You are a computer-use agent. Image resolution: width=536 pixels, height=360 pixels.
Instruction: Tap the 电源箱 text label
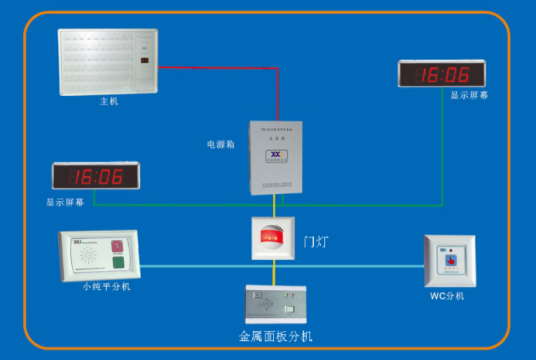[221, 144]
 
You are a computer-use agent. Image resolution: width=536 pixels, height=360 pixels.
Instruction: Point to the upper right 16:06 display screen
[443, 74]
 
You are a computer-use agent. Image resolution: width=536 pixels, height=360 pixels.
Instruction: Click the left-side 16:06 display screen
[96, 177]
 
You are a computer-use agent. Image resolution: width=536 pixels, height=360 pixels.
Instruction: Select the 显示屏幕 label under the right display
[470, 97]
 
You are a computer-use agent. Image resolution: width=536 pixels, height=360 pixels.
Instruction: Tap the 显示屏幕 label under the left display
[66, 201]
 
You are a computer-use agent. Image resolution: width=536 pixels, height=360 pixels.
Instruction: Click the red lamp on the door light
[272, 237]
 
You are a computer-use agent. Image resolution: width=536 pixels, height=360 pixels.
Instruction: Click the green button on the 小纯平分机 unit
[119, 264]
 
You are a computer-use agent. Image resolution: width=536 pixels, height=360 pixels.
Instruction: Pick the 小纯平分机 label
[106, 287]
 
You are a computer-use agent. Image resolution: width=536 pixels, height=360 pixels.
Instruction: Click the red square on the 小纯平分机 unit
[119, 245]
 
